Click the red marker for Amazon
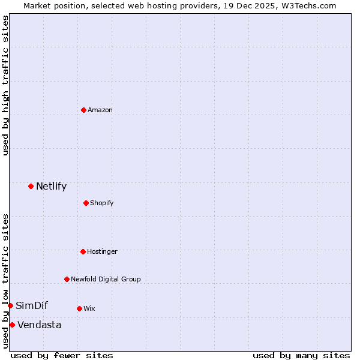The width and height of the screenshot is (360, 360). [83, 110]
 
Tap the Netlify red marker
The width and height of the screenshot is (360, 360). [31, 186]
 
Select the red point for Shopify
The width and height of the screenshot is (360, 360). [86, 203]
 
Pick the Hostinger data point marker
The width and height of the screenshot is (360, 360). [83, 251]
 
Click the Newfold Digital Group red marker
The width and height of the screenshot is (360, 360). [67, 279]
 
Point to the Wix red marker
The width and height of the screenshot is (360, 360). [79, 308]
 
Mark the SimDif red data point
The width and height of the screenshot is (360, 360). [10, 305]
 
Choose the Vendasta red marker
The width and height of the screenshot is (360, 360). [12, 325]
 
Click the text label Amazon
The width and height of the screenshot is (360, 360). [100, 110]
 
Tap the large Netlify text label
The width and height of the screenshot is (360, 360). [51, 186]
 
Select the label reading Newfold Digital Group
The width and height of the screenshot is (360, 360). [106, 279]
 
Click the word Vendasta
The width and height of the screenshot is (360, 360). [39, 325]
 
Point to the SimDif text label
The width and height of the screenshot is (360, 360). [32, 305]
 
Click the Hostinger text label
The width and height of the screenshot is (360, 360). [102, 251]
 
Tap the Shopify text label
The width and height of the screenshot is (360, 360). [101, 203]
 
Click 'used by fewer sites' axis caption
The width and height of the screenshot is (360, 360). [62, 355]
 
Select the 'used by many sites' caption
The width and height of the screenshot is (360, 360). [301, 355]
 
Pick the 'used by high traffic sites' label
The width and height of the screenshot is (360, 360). [5, 85]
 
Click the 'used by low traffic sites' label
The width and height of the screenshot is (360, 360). [5, 281]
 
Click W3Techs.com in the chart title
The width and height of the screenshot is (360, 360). [310, 5]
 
